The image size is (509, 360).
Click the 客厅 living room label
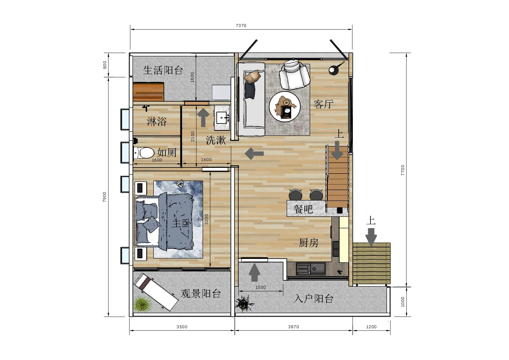[323, 104]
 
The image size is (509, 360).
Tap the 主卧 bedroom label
[181, 223]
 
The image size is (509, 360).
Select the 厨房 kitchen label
[309, 243]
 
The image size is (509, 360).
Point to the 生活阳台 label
[163, 70]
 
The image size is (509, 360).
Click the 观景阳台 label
[201, 294]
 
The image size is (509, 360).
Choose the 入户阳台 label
[313, 299]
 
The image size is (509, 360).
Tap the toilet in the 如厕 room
[144, 153]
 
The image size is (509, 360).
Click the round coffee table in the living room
[285, 107]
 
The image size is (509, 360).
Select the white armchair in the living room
[294, 74]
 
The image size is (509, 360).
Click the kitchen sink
[310, 269]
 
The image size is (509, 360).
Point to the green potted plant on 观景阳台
[142, 304]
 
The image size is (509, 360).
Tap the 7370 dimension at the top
[241, 25]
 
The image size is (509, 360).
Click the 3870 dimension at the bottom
[293, 327]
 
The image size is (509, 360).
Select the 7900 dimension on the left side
[104, 197]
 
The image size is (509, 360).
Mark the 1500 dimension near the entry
[261, 287]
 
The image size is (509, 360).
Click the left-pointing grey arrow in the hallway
[254, 153]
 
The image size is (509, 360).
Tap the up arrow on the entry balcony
[255, 272]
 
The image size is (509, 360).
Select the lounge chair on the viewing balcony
[156, 292]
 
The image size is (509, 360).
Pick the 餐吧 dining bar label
[303, 209]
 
